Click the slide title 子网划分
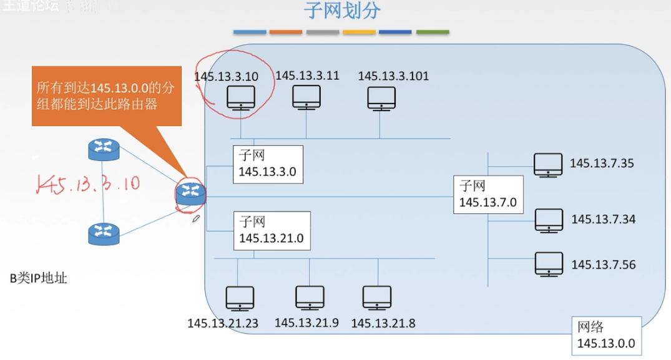(343, 11)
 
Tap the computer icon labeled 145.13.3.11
(306, 98)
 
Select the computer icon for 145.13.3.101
(381, 99)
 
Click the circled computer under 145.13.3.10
(240, 99)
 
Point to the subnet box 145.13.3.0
(268, 165)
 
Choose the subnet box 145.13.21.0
(272, 230)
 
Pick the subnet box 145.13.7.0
(488, 195)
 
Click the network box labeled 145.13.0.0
(606, 336)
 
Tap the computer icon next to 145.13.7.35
(549, 165)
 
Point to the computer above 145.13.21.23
(240, 299)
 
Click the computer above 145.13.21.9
(310, 299)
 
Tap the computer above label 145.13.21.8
(377, 298)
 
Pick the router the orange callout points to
(190, 193)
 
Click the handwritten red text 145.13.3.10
(88, 183)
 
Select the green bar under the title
(433, 32)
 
